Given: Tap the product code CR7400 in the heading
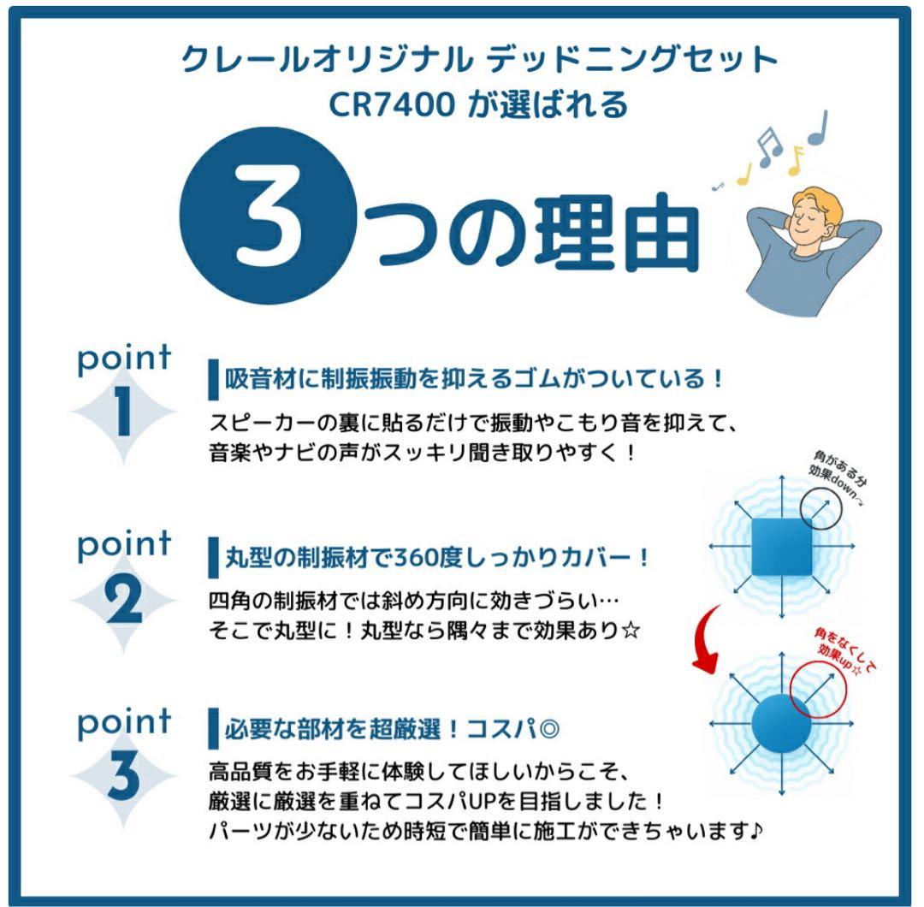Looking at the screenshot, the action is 392,104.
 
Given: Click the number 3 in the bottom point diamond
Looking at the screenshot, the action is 124,775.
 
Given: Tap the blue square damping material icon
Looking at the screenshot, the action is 781,547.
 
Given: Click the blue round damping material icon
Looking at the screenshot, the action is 781,723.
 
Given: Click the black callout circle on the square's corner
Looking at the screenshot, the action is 820,508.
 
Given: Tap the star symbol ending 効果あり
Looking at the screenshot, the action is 631,631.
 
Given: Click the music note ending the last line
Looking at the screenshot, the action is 756,831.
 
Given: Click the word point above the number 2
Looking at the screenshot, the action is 124,546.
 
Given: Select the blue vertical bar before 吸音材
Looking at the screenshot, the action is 213,380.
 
